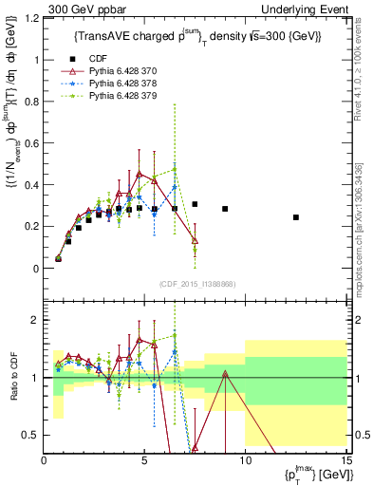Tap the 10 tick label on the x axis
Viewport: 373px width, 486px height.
(x=245, y=461)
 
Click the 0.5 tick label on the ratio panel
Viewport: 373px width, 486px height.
(x=31, y=435)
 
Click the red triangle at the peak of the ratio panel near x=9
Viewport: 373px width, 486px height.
(x=225, y=374)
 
